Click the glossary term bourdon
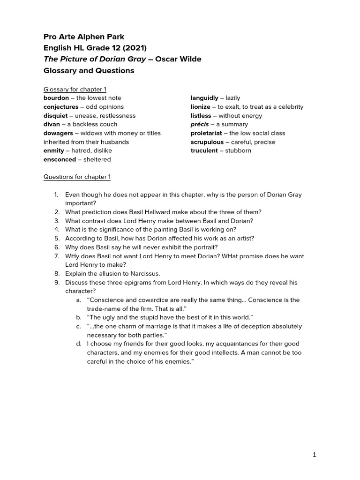tap(56, 98)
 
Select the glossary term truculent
tap(204, 150)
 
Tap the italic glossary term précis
tap(200, 124)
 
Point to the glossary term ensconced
tap(60, 159)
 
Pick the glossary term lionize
tap(201, 107)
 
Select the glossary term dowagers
tap(58, 133)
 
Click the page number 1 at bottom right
tap(315, 455)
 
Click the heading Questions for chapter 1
tap(77, 177)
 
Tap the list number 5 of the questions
tap(56, 239)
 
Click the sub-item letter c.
tap(78, 326)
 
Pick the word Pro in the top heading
tap(50, 37)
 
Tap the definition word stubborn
tap(238, 150)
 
